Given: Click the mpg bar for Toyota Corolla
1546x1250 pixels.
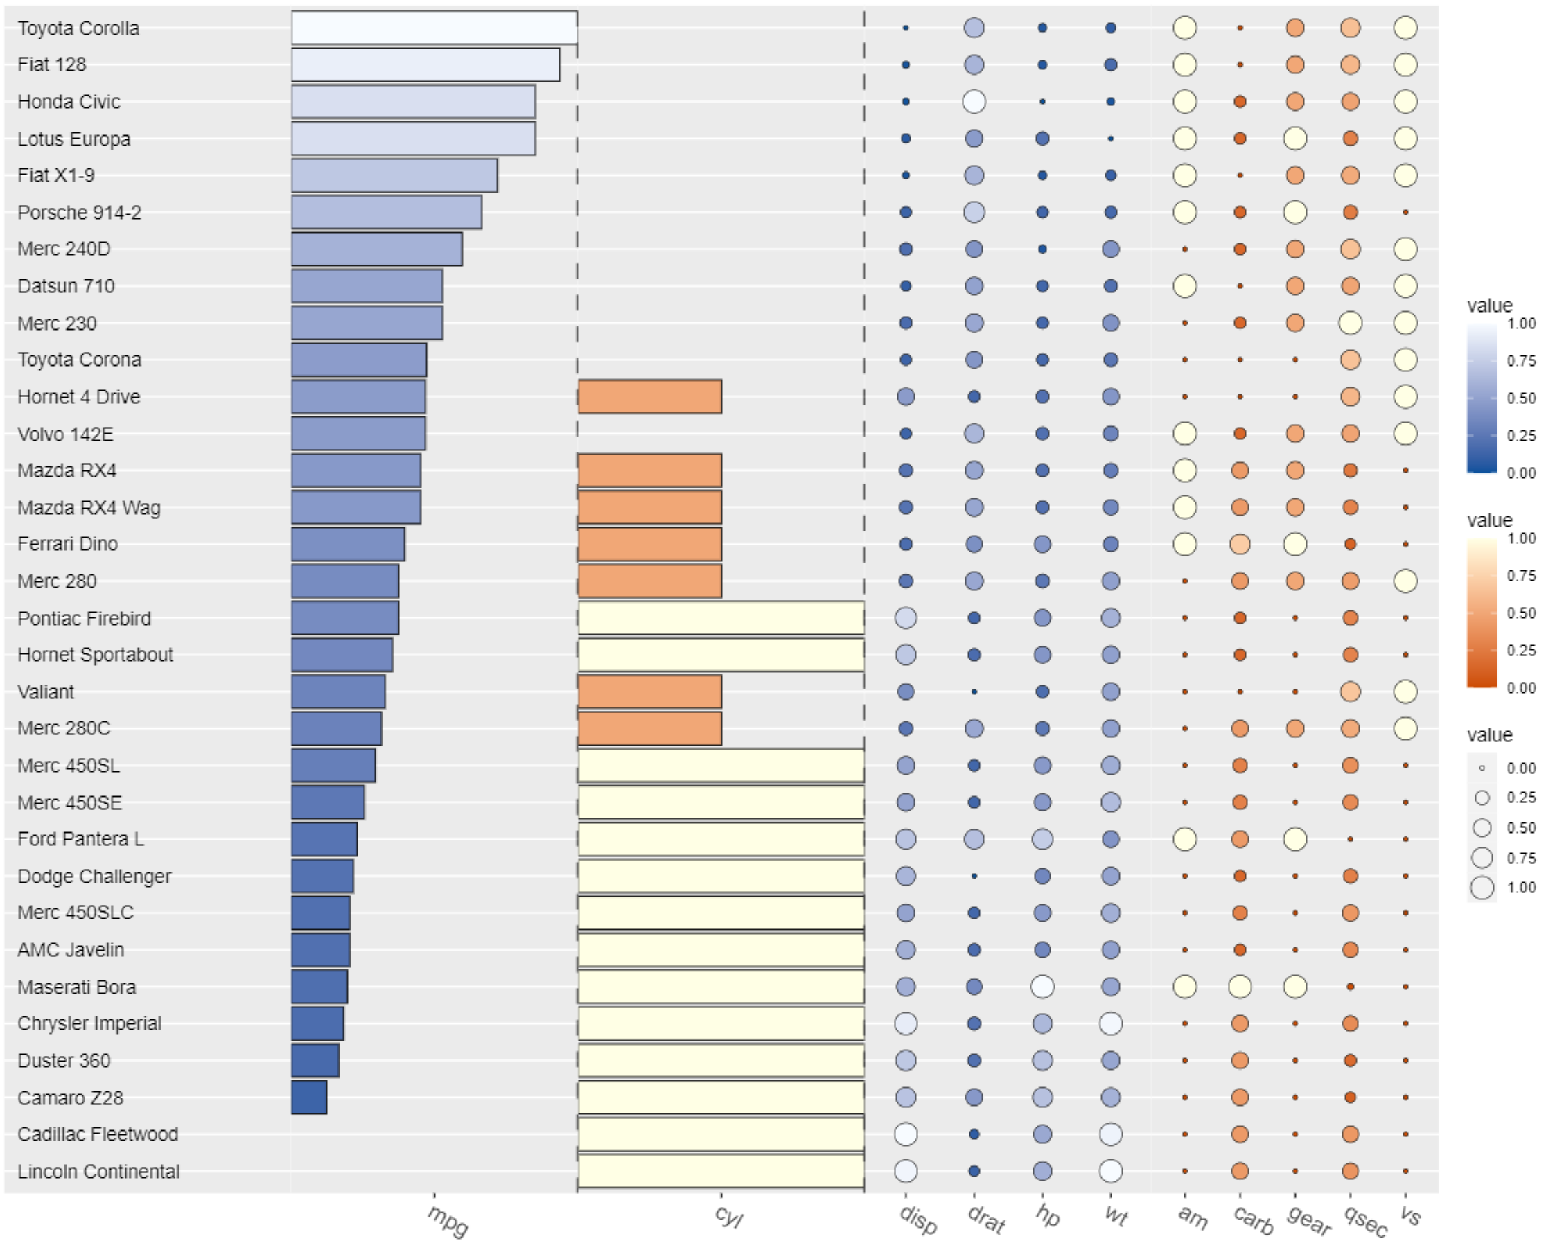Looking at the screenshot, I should [x=434, y=27].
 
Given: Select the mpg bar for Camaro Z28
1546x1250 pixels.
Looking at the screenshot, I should [x=309, y=1098].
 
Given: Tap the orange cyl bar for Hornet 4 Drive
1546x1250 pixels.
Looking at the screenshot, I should [x=649, y=397].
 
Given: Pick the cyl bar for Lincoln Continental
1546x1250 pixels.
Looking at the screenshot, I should [x=720, y=1171].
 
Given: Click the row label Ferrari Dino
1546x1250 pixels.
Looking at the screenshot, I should [x=68, y=545].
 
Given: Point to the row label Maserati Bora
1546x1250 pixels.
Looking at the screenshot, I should [x=76, y=987].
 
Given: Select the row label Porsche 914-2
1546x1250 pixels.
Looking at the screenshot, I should [x=79, y=213].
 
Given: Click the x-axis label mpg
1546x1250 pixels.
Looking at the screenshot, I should [x=447, y=1221].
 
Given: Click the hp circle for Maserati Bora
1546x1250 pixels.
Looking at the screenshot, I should [x=1042, y=987].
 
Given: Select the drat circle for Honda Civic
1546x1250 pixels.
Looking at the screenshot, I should [x=974, y=102].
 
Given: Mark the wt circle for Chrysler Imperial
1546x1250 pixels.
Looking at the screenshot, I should [x=1110, y=1023].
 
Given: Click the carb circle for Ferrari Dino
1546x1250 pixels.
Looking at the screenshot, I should [x=1239, y=545].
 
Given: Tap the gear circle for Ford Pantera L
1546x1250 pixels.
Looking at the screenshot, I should [x=1294, y=839].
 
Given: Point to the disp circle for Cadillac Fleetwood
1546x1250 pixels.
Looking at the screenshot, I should [x=905, y=1134].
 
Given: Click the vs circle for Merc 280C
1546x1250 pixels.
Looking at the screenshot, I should [x=1405, y=729].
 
